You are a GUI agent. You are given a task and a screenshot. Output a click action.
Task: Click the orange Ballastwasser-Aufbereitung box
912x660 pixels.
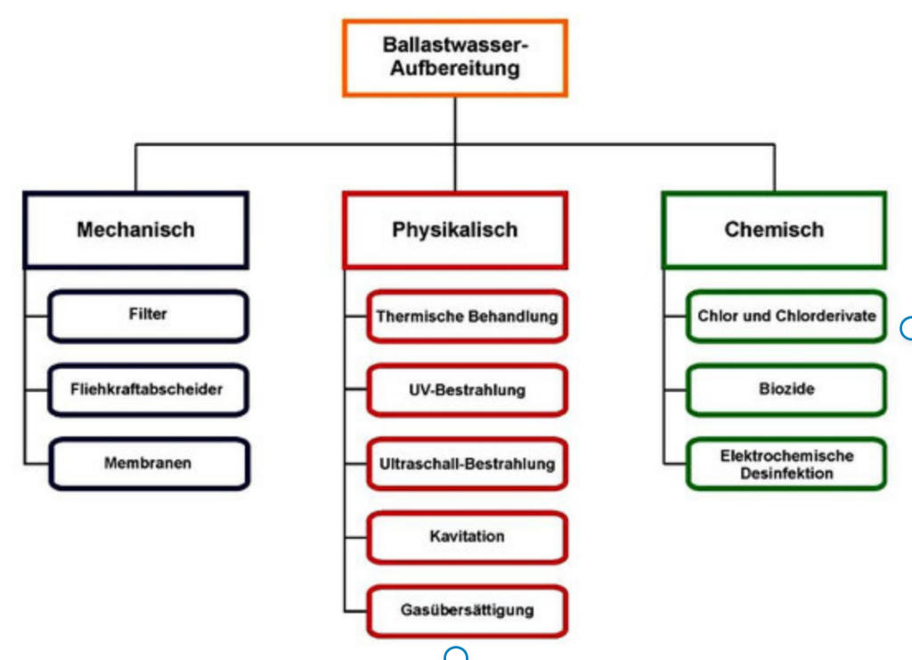pyautogui.click(x=454, y=57)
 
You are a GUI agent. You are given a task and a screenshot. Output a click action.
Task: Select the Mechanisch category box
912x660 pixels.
pyautogui.click(x=135, y=230)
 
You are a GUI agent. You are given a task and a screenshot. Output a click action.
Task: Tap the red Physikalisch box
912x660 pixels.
pyautogui.click(x=454, y=230)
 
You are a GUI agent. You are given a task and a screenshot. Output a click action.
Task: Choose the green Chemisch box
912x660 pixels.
pyautogui.click(x=773, y=230)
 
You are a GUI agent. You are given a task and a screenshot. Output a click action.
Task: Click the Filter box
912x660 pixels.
pyautogui.click(x=147, y=315)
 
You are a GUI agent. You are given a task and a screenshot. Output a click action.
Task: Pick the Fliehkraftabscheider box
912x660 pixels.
pyautogui.click(x=147, y=389)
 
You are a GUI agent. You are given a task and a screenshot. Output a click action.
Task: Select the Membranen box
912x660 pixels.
pyautogui.click(x=147, y=463)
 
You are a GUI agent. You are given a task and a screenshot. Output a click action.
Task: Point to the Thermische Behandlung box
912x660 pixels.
pyautogui.click(x=466, y=316)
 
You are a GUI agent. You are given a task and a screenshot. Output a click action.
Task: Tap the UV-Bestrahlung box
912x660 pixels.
pyautogui.click(x=466, y=390)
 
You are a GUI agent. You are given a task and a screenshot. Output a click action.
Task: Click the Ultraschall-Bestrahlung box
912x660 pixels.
pyautogui.click(x=466, y=464)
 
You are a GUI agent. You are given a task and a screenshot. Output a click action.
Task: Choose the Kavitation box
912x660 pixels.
pyautogui.click(x=466, y=537)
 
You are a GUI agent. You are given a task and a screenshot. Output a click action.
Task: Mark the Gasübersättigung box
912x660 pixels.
pyautogui.click(x=466, y=611)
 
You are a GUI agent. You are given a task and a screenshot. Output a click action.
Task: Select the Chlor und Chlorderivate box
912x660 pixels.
pyautogui.click(x=786, y=316)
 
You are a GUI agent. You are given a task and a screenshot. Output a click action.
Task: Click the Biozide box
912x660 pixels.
pyautogui.click(x=786, y=390)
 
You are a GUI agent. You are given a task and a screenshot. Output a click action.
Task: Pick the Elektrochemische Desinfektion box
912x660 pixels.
pyautogui.click(x=786, y=464)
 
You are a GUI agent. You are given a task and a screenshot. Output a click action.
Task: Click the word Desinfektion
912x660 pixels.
pyautogui.click(x=786, y=473)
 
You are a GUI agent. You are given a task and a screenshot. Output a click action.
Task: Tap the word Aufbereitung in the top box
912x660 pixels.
pyautogui.click(x=454, y=69)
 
